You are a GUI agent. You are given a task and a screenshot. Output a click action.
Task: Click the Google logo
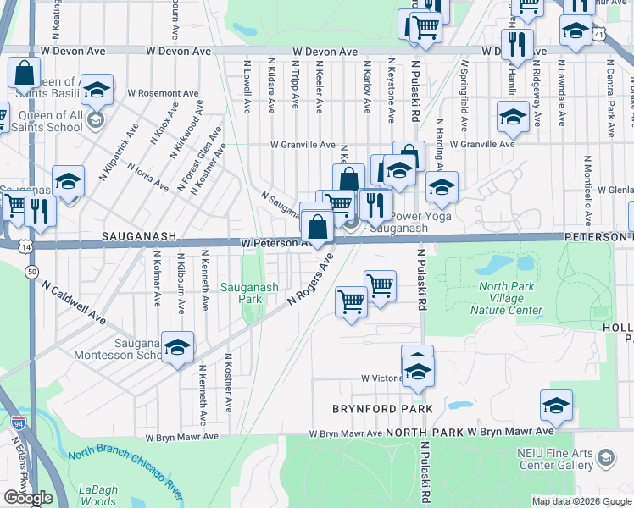(28, 498)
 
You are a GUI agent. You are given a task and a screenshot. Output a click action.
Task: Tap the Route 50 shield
(31, 272)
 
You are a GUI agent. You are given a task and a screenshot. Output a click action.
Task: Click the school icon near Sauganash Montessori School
(177, 347)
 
